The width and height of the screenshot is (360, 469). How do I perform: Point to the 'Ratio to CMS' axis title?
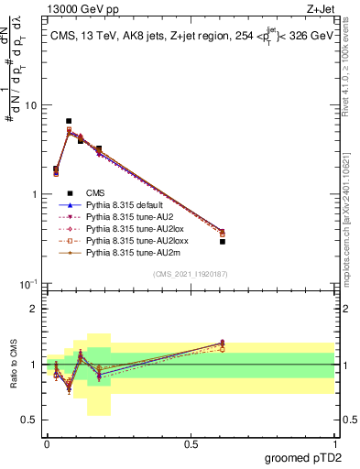pos(13,365)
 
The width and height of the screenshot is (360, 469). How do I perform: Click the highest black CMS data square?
pos(69,121)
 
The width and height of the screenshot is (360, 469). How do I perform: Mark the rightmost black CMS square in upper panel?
pos(223,241)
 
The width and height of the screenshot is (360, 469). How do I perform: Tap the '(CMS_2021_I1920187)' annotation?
pos(191,275)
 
